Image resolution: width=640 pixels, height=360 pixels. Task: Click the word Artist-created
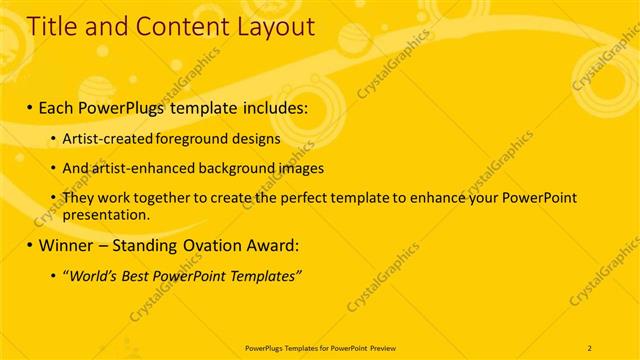[x=107, y=138]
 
